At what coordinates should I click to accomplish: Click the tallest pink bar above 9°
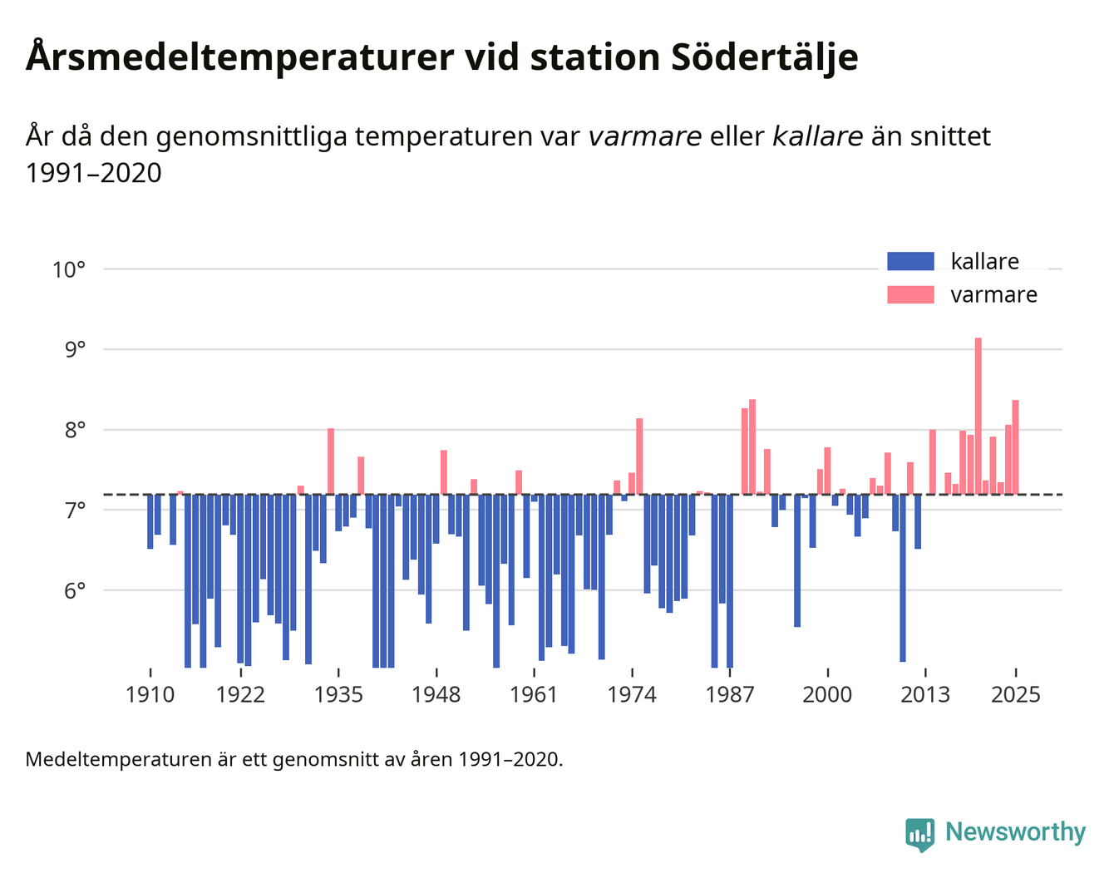tap(978, 416)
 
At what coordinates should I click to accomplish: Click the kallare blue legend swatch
tap(910, 262)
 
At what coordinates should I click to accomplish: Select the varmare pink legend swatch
tap(910, 295)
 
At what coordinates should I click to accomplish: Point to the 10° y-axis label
tap(69, 269)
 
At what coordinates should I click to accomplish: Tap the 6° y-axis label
tap(75, 591)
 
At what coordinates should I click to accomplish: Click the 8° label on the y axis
tap(75, 431)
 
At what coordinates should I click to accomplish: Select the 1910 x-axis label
tap(150, 694)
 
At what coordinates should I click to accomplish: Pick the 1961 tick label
tap(534, 694)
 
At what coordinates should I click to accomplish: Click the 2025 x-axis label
tap(1016, 694)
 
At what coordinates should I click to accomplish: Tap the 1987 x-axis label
tap(730, 694)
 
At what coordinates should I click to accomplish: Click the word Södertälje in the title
tap(764, 58)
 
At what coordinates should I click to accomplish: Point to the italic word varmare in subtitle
tap(644, 136)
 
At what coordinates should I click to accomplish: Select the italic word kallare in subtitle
tap(817, 136)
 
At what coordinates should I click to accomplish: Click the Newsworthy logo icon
tap(919, 834)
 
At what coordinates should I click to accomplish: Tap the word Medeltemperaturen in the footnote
tap(118, 759)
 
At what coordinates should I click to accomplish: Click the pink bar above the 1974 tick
tap(639, 456)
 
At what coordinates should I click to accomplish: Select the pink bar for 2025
tap(1015, 447)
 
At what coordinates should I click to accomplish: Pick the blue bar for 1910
tap(150, 521)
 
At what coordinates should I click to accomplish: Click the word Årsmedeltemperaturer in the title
tap(239, 58)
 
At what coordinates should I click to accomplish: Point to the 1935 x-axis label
tap(338, 694)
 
